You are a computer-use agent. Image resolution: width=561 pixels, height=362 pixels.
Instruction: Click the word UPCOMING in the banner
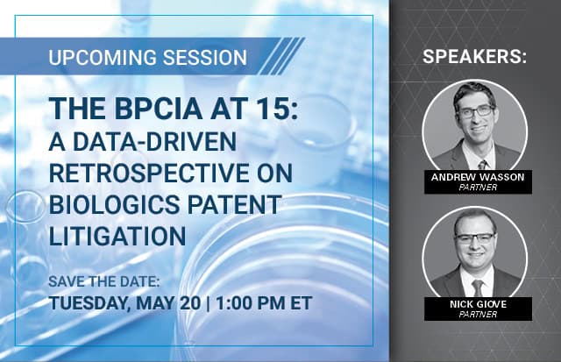click(103, 57)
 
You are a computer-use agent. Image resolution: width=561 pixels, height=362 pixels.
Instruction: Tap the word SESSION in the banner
click(204, 57)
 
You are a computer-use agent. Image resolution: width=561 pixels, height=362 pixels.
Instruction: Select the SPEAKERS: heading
click(474, 56)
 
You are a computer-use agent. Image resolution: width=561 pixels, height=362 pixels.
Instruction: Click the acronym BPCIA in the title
click(159, 108)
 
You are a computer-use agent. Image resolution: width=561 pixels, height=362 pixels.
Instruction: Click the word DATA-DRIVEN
click(154, 142)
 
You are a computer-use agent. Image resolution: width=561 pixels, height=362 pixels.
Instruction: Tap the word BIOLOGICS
click(114, 204)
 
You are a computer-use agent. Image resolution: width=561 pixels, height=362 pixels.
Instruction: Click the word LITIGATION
click(117, 236)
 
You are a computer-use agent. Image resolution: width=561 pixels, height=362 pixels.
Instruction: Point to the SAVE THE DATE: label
click(104, 281)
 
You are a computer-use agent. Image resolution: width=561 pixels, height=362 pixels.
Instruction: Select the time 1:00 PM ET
click(264, 302)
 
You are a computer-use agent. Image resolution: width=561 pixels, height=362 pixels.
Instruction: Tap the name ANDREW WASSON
click(478, 177)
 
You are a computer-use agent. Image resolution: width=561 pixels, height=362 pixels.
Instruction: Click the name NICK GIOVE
click(478, 304)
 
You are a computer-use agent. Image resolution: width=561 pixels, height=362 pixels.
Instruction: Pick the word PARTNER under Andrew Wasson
click(478, 187)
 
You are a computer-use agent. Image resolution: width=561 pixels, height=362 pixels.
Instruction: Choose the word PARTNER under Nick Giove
click(478, 315)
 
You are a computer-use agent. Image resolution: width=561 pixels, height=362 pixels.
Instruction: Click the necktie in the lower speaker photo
click(477, 288)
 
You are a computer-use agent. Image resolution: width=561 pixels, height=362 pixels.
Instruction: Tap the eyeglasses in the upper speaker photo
click(476, 111)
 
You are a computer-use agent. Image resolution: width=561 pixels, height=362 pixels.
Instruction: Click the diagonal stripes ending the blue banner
click(282, 56)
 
